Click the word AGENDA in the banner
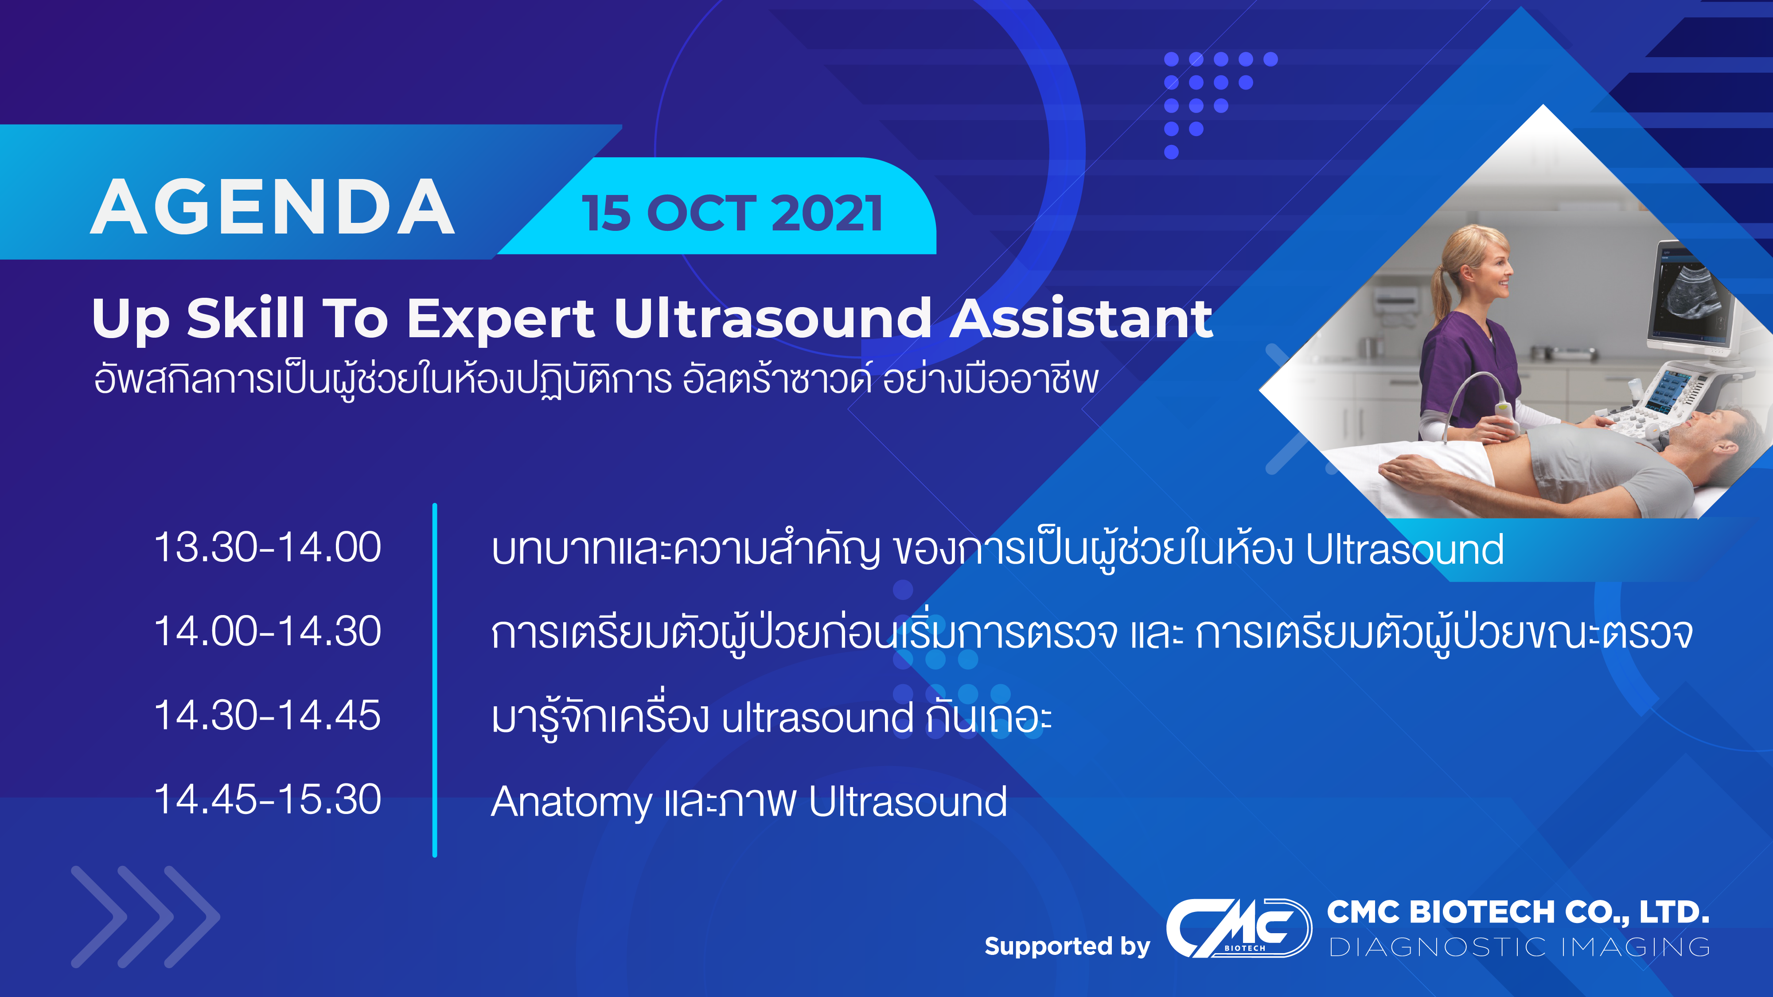click(272, 207)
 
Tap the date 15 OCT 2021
click(733, 213)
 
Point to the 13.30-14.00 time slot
click(268, 548)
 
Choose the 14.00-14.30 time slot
click(268, 631)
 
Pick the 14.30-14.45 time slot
click(268, 716)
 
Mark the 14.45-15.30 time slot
click(268, 799)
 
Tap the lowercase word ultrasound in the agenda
click(818, 718)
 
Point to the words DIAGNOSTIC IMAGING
click(1520, 947)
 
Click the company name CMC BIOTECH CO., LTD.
click(1518, 912)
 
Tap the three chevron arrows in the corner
click(145, 916)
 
